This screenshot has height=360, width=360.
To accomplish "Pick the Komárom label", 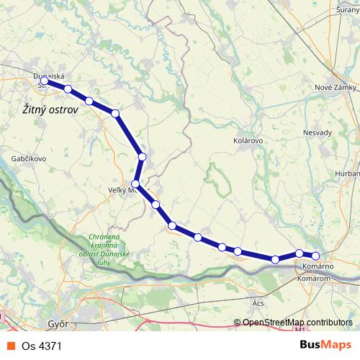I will [314, 277].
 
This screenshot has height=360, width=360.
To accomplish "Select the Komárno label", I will [314, 267].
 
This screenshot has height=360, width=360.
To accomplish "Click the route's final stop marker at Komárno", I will [315, 256].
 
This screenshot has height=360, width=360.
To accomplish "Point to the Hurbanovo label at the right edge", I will [347, 174].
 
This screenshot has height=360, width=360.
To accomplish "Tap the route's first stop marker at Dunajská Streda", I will [47, 81].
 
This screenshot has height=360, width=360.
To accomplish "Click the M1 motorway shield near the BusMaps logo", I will [300, 331].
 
